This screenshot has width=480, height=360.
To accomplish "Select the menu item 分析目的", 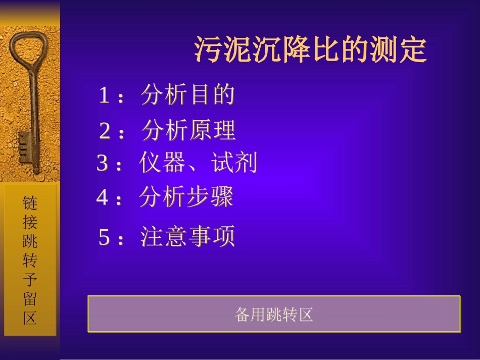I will [188, 95].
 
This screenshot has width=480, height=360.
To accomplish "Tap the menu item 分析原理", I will [188, 131].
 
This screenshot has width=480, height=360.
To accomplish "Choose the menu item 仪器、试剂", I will [198, 163].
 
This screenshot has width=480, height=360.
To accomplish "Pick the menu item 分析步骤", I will [186, 197].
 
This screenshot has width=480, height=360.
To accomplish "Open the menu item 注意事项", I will [188, 237].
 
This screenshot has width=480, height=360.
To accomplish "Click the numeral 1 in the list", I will [104, 95].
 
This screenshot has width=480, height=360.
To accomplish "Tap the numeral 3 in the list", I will [103, 164].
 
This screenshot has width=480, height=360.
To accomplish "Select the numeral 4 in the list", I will [102, 198].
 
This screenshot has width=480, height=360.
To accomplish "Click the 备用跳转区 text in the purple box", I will [274, 315].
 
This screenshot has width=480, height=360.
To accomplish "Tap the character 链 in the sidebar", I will [30, 203].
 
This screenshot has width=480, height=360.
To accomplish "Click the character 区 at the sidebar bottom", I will [30, 319].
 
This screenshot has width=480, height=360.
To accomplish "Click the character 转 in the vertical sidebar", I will [30, 261].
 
